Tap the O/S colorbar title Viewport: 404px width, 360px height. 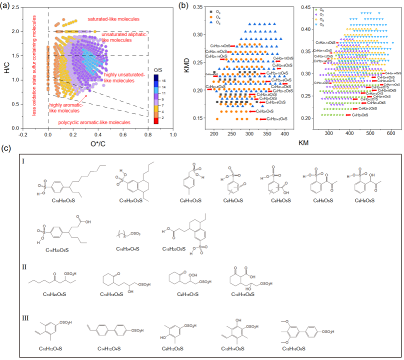point(156,68)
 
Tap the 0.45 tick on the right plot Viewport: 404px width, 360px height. point(306,7)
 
